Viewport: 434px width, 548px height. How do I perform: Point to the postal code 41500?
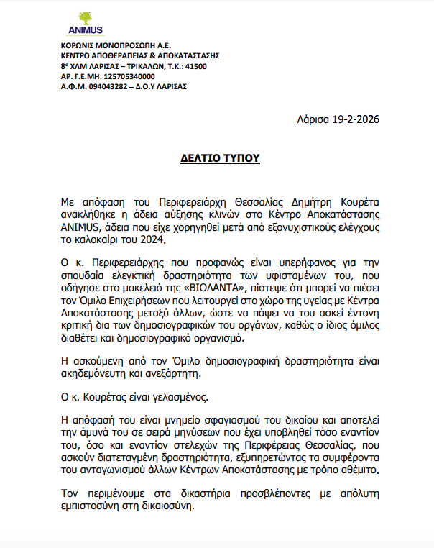195,66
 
